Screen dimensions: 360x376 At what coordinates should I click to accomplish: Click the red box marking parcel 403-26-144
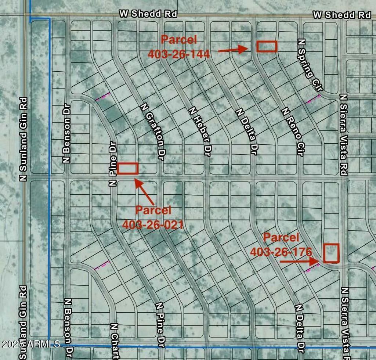click(x=267, y=46)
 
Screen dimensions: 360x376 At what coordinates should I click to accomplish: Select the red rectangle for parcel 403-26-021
click(x=128, y=168)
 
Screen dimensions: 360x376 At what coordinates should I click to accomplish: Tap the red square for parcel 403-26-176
click(x=331, y=253)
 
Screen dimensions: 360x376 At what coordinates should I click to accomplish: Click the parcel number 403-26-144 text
click(x=179, y=54)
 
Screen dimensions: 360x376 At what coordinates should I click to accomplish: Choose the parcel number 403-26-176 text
click(x=281, y=252)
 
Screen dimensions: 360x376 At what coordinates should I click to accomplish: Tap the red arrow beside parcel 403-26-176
click(x=299, y=262)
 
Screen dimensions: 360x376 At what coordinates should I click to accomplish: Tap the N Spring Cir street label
click(x=311, y=65)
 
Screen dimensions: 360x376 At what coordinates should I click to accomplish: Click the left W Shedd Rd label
click(x=148, y=14)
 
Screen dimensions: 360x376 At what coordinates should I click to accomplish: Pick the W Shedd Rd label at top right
click(x=342, y=15)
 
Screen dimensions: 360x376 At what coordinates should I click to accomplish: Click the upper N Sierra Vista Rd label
click(x=344, y=134)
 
